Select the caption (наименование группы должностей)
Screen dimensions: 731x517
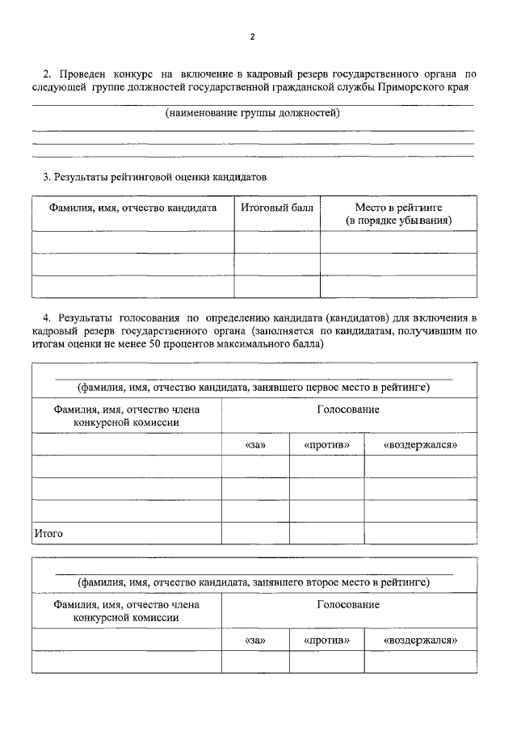253,114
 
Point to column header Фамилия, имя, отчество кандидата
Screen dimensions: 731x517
133,208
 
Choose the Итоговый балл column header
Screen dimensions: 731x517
277,208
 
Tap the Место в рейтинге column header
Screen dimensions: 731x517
398,213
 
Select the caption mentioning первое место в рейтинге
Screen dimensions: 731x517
253,387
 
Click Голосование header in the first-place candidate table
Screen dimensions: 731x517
348,410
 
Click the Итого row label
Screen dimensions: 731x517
48,534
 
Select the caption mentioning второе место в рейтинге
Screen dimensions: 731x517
253,582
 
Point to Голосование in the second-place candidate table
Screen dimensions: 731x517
348,604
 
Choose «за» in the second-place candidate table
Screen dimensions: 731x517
255,640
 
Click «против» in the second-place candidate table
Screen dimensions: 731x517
326,640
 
